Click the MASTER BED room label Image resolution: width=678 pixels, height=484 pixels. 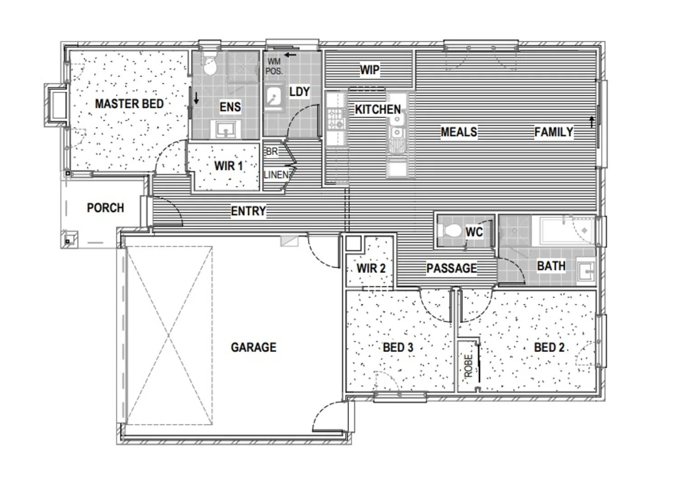(x=129, y=104)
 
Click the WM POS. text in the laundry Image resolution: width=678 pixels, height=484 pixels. (x=274, y=66)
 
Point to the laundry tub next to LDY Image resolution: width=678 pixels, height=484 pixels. (x=273, y=99)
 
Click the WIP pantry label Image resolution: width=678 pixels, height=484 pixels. (x=369, y=70)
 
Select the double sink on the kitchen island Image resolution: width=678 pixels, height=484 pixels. (x=397, y=127)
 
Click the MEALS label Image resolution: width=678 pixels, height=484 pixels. (x=459, y=132)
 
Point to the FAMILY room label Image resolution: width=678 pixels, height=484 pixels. (x=553, y=132)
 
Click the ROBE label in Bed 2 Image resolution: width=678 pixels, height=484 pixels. (x=468, y=366)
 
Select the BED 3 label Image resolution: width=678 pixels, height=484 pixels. (x=398, y=348)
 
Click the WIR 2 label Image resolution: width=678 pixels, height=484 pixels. (x=371, y=268)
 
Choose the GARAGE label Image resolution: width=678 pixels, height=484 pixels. (x=253, y=348)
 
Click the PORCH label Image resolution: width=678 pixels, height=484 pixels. (x=105, y=208)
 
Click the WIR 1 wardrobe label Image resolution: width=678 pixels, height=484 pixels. (x=228, y=166)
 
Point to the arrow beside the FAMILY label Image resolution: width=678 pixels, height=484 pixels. (x=591, y=122)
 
